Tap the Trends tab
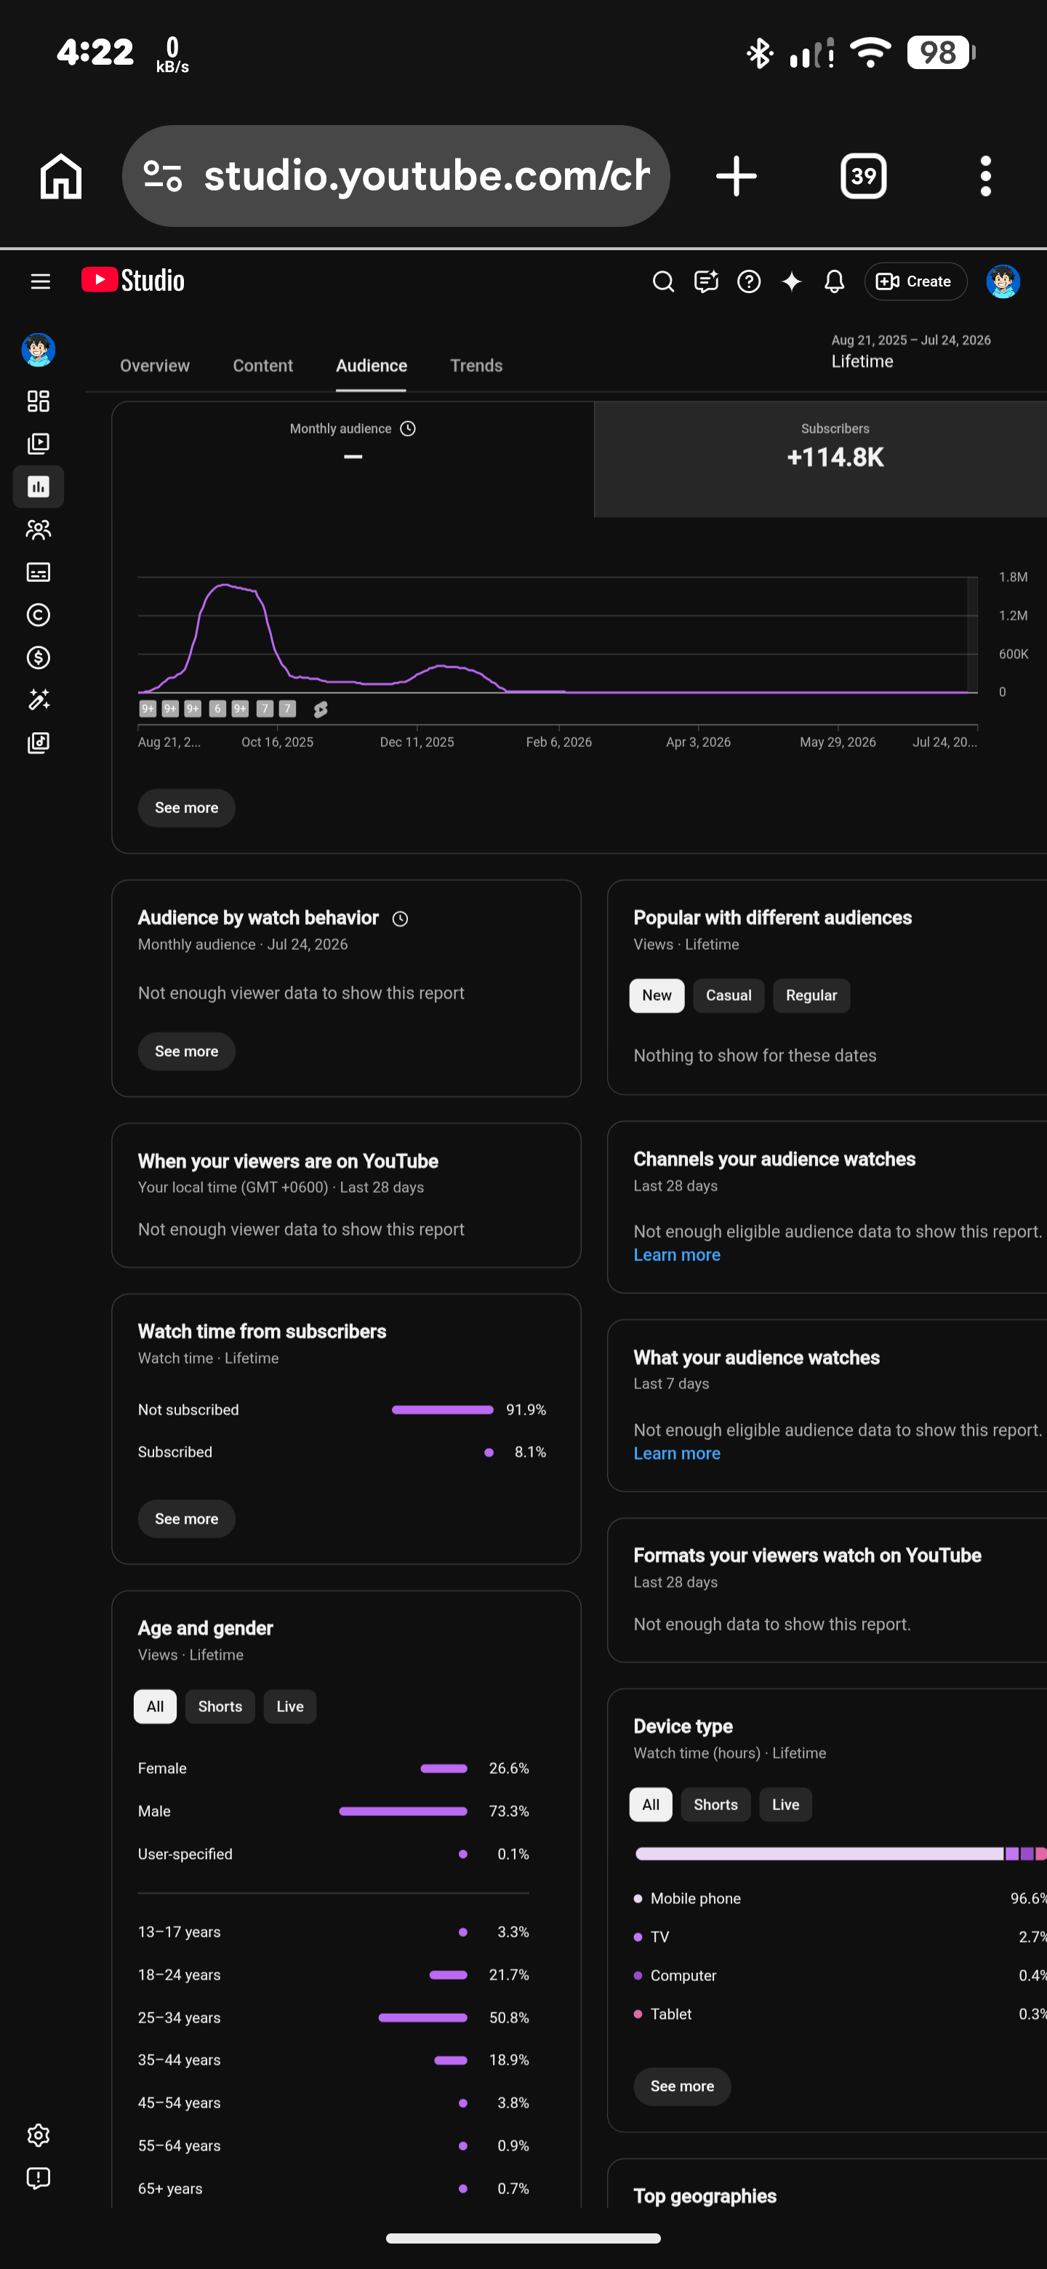point(476,366)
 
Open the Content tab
point(262,366)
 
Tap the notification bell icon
point(834,281)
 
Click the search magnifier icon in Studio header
point(663,281)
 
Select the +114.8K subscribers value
point(835,457)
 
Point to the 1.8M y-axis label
point(1013,577)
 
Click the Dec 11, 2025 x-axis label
point(417,742)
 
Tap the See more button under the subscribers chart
point(187,808)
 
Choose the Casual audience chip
point(729,996)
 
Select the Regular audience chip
point(811,996)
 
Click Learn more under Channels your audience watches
point(676,1255)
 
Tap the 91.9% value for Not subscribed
point(526,1409)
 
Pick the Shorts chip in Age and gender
point(220,1706)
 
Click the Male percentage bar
point(402,1811)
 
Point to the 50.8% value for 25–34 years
point(509,2017)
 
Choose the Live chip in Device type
point(785,1805)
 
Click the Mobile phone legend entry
point(687,1898)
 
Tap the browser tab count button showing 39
point(863,176)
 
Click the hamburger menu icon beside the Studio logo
point(41,281)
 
